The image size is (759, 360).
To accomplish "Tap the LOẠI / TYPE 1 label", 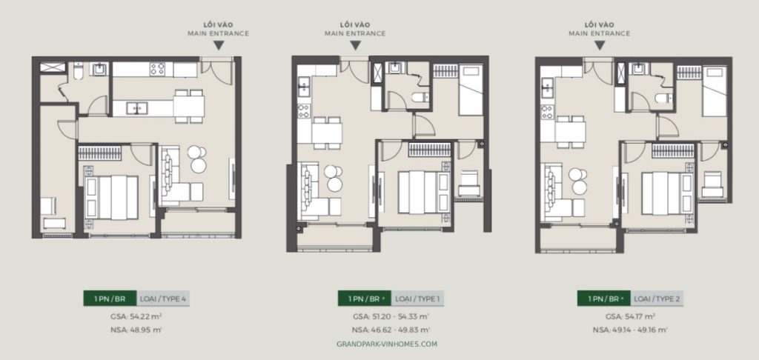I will [419, 299].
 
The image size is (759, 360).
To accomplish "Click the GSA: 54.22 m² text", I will [135, 316].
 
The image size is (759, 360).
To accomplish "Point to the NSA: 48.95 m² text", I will [135, 329].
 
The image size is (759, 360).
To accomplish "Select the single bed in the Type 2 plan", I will [714, 89].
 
